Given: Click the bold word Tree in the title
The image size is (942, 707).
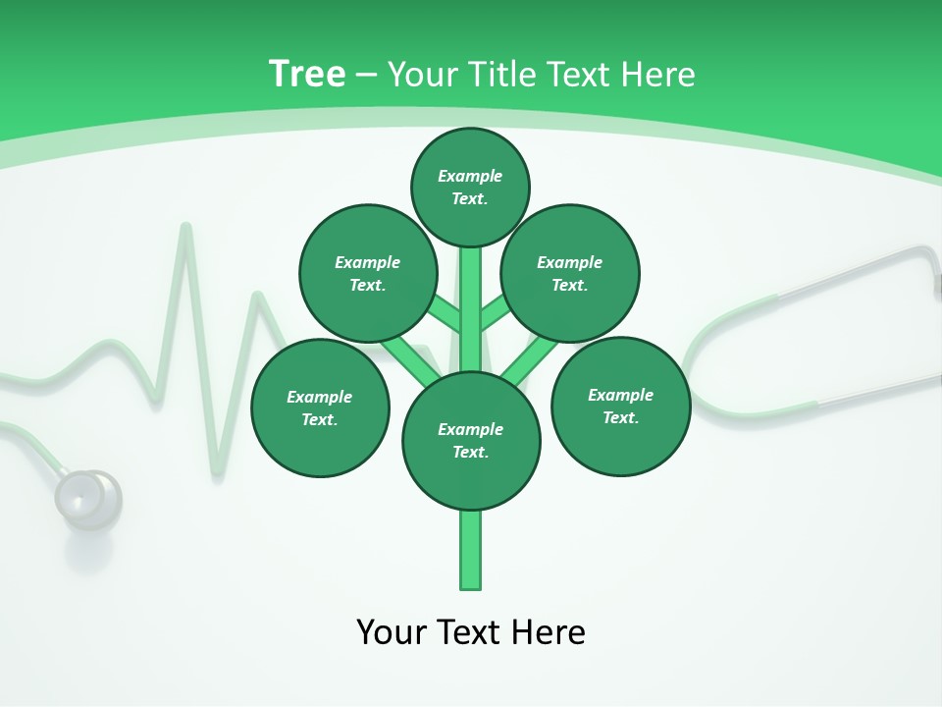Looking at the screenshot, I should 307,74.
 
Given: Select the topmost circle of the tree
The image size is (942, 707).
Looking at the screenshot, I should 470,187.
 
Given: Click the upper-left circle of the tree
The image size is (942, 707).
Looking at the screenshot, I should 368,273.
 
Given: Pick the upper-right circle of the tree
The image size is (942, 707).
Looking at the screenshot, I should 570,273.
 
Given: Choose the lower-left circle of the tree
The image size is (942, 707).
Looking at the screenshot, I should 320,408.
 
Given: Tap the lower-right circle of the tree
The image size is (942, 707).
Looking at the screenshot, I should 621,406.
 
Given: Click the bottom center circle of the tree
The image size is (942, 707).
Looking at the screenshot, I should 471,441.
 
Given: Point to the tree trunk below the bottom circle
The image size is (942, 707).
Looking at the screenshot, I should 471,550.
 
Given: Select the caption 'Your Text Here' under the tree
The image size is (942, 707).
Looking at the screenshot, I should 471,631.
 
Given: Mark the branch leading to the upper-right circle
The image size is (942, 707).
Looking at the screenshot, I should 495,314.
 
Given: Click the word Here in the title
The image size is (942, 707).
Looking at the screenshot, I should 660,74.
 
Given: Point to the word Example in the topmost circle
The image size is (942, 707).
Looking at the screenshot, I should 470,176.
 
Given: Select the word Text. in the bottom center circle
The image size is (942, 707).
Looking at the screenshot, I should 470,453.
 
